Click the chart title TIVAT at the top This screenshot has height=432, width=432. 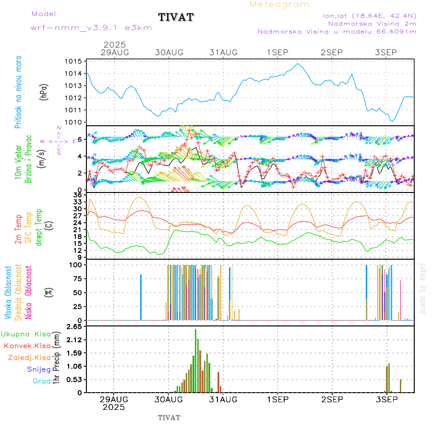(x=176, y=17)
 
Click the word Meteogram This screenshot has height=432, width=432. (x=279, y=4)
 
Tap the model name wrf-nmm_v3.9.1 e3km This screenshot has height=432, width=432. (x=91, y=28)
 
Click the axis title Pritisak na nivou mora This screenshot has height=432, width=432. (x=18, y=94)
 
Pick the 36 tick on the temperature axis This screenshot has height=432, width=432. (x=77, y=195)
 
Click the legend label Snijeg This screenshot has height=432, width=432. (x=38, y=369)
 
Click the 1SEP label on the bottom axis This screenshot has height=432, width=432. (x=278, y=399)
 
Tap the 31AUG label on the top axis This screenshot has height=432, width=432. (x=224, y=52)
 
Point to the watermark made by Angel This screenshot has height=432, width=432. (x=423, y=288)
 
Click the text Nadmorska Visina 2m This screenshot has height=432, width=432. (x=372, y=23)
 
